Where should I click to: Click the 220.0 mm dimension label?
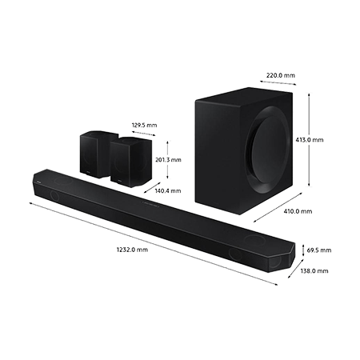(x=281, y=75)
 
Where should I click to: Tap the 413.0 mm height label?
(x=310, y=140)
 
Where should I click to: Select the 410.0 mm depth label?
(x=298, y=211)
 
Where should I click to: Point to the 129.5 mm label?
(x=144, y=125)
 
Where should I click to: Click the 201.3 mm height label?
(x=168, y=160)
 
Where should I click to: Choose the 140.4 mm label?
(x=168, y=191)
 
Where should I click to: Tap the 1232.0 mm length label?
(x=132, y=250)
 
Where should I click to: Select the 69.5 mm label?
(x=319, y=250)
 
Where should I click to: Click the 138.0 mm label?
(x=314, y=271)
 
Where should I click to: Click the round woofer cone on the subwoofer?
(x=269, y=148)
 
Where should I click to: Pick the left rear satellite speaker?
(x=96, y=154)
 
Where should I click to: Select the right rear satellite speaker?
(x=131, y=162)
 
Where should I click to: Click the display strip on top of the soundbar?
(x=150, y=204)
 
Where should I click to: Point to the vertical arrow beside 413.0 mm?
(x=309, y=140)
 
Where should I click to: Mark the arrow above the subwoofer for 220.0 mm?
(x=278, y=82)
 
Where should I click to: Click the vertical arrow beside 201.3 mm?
(x=167, y=160)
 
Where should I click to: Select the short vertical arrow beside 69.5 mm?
(x=303, y=250)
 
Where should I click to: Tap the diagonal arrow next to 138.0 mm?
(x=296, y=269)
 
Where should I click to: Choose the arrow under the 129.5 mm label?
(x=143, y=133)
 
